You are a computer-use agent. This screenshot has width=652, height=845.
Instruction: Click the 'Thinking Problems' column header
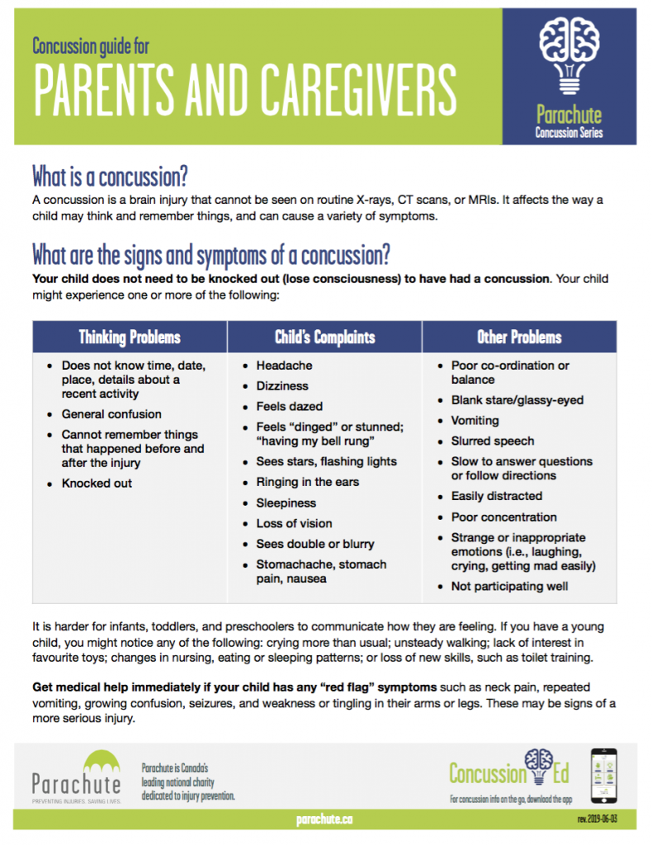[130, 337]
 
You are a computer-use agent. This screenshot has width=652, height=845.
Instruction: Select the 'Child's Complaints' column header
[324, 337]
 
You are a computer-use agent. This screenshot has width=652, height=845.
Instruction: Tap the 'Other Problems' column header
[519, 337]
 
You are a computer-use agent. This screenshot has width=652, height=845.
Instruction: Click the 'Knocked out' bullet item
[97, 483]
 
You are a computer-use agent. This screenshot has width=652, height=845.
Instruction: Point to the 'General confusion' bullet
[111, 414]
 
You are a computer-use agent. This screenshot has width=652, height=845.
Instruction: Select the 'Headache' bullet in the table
[284, 366]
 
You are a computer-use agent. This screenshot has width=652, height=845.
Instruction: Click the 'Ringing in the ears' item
[307, 482]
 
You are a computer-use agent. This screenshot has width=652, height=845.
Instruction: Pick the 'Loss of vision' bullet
[294, 523]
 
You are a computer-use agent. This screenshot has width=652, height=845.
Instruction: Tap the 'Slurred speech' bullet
[492, 441]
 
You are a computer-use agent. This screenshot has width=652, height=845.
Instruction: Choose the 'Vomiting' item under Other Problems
[475, 420]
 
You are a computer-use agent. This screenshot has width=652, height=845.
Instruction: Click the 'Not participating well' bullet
[509, 586]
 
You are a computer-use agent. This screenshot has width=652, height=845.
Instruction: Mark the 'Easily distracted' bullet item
[496, 496]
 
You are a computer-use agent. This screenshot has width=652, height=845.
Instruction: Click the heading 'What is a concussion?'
[110, 176]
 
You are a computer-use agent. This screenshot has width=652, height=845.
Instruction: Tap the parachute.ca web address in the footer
[324, 819]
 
